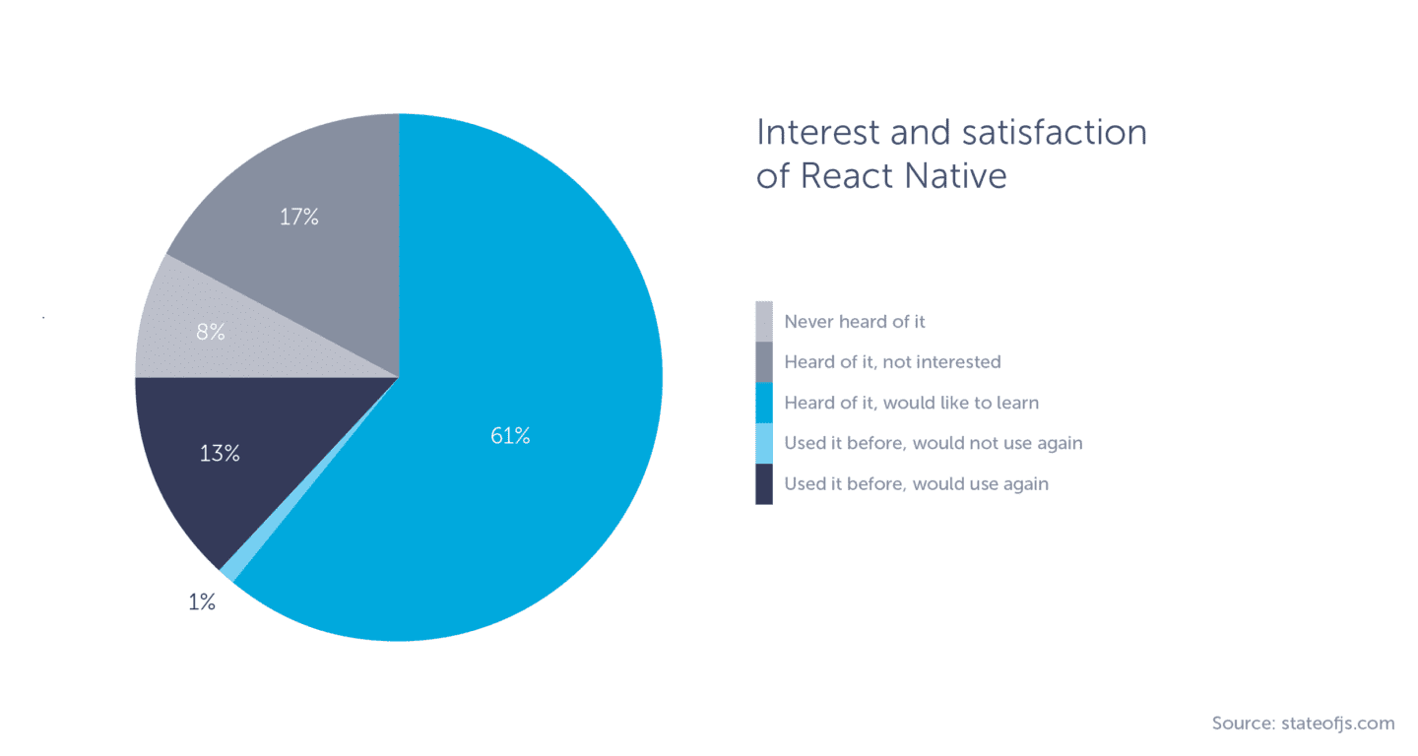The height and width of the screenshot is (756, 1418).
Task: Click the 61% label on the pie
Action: coord(510,436)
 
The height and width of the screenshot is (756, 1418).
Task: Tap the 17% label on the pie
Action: coord(298,218)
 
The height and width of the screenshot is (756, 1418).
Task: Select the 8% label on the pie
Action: coord(211,333)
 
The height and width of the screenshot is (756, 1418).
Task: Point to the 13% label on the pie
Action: coord(219,454)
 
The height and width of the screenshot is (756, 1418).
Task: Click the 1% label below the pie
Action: coord(202,602)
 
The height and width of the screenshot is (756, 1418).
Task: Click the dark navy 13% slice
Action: coord(197,492)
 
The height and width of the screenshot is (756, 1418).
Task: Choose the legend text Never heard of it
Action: coord(854,322)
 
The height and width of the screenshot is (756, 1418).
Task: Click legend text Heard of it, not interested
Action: coord(892,362)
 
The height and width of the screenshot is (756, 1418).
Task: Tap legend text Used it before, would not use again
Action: coord(933,443)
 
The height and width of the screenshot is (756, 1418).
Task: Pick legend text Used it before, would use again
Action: coord(916,483)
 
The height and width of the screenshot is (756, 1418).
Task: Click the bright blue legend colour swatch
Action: coord(764,403)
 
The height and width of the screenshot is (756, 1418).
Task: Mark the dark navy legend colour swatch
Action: coord(764,483)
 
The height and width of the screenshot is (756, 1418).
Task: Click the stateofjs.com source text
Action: coord(1338,724)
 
